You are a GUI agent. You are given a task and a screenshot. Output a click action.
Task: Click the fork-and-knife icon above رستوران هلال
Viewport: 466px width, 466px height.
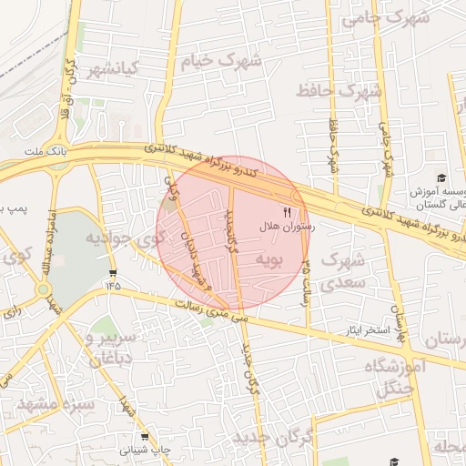(x=289, y=212)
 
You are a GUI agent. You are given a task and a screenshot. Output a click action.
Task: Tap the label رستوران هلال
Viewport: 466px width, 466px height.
(x=286, y=226)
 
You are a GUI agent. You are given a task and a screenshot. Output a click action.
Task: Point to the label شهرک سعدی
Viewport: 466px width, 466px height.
(x=341, y=270)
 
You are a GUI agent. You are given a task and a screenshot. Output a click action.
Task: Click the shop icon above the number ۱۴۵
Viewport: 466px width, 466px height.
(x=112, y=272)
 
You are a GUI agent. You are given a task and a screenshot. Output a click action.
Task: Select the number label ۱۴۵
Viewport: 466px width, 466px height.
(x=112, y=285)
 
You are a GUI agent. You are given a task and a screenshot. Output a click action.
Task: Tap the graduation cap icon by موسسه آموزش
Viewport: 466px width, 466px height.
(x=442, y=178)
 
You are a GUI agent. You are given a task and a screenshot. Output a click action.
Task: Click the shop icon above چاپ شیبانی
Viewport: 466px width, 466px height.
(x=144, y=437)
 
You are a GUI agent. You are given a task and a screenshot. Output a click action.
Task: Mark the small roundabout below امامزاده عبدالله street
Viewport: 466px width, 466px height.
(x=45, y=290)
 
